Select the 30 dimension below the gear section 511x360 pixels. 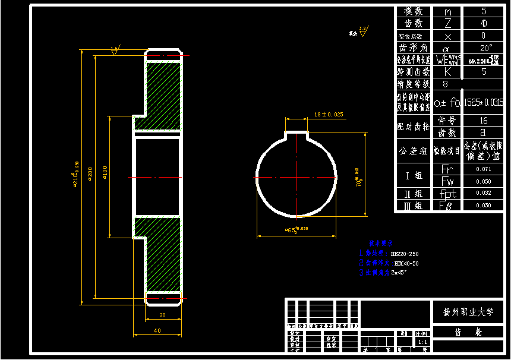pyautogui.click(x=163, y=315)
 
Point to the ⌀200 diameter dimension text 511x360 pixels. pyautogui.click(x=90, y=176)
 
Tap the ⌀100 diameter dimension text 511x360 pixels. pyautogui.click(x=105, y=176)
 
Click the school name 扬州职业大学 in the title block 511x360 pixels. pyautogui.click(x=468, y=312)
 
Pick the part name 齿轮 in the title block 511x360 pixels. pyautogui.click(x=468, y=333)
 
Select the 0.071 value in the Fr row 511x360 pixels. pyautogui.click(x=484, y=169)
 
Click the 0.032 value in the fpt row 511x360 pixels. pyautogui.click(x=484, y=193)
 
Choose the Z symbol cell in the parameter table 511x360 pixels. pyautogui.click(x=447, y=23)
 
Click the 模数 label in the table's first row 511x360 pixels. pyautogui.click(x=413, y=11)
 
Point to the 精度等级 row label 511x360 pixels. pyautogui.click(x=413, y=84)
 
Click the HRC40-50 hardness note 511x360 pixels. pyautogui.click(x=406, y=263)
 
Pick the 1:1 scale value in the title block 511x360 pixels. pyautogui.click(x=422, y=343)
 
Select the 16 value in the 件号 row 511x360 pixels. pyautogui.click(x=484, y=121)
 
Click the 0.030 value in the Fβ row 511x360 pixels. pyautogui.click(x=484, y=206)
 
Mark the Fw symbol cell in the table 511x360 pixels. pyautogui.click(x=447, y=181)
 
